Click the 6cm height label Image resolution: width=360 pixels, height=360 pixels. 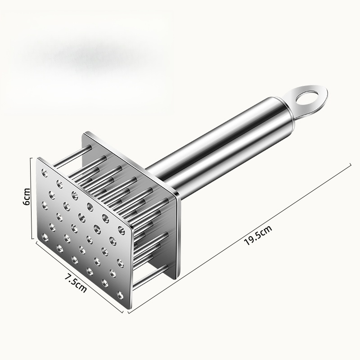[x=27, y=196]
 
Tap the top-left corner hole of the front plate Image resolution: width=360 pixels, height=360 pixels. [x=44, y=171]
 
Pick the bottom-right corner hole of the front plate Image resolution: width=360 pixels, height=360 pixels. [x=121, y=295]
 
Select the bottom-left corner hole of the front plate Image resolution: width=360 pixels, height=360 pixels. [x=45, y=236]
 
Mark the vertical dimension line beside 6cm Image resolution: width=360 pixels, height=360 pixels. [x=31, y=196]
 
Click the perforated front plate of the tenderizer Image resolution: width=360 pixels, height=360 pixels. [x=81, y=229]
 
